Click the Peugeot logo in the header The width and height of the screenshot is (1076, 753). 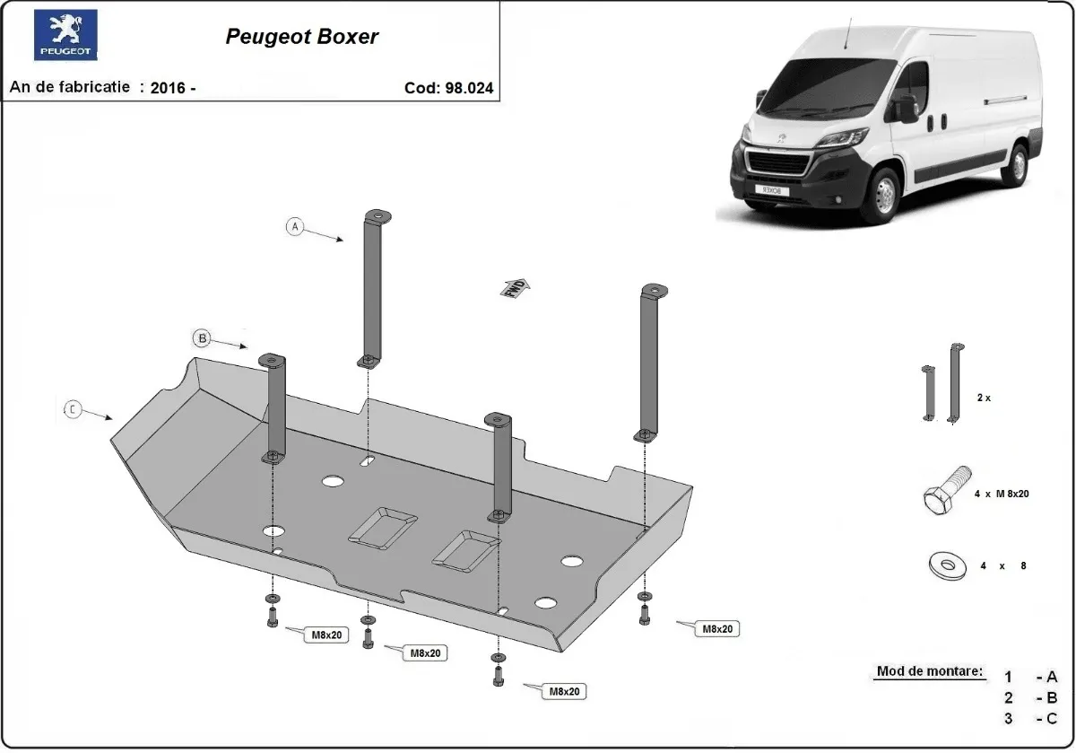click(x=65, y=36)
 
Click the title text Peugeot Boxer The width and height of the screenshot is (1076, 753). click(x=301, y=37)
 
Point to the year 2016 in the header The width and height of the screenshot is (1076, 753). click(x=169, y=88)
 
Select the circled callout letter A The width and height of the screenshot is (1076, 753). click(x=295, y=226)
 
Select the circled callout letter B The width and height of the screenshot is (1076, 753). click(x=203, y=338)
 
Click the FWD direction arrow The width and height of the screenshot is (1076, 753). click(x=515, y=287)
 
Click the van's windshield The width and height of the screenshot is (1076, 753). click(x=829, y=87)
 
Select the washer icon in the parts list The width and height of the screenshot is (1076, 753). click(x=945, y=565)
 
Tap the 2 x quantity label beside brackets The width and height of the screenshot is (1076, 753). click(x=984, y=397)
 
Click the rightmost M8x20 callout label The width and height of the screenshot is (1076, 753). click(x=717, y=629)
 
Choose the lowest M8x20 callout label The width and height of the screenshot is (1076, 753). click(x=566, y=691)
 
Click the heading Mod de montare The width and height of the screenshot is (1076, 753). click(x=929, y=671)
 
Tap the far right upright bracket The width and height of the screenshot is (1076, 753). click(x=651, y=363)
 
